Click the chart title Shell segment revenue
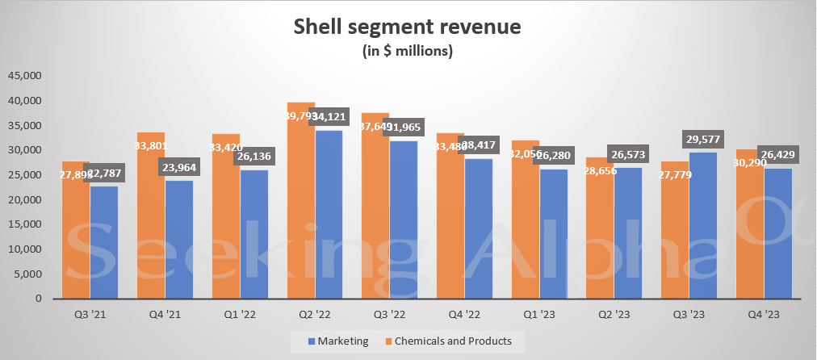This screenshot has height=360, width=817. click(x=408, y=27)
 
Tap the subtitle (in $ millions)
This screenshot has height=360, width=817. click(x=408, y=51)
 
